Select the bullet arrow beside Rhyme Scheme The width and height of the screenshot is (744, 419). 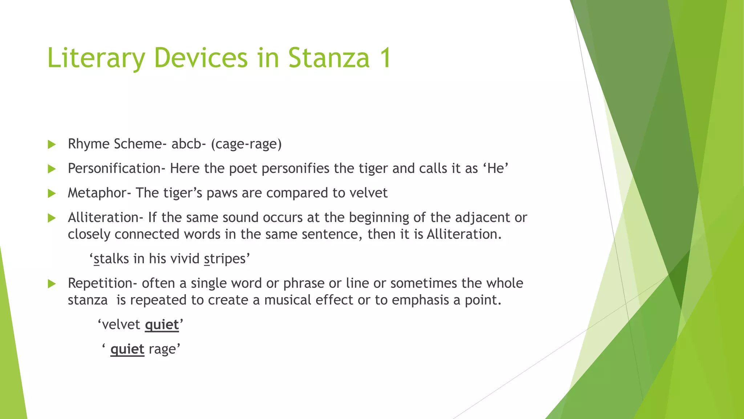click(x=52, y=144)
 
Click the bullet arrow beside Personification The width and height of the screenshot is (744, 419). click(x=52, y=169)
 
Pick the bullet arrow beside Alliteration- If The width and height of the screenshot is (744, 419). click(x=52, y=218)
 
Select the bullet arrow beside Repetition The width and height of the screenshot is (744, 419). click(x=52, y=284)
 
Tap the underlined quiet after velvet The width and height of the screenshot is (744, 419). click(x=162, y=324)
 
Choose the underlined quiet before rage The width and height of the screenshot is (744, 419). click(x=127, y=349)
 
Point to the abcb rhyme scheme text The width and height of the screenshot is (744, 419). click(x=186, y=144)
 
